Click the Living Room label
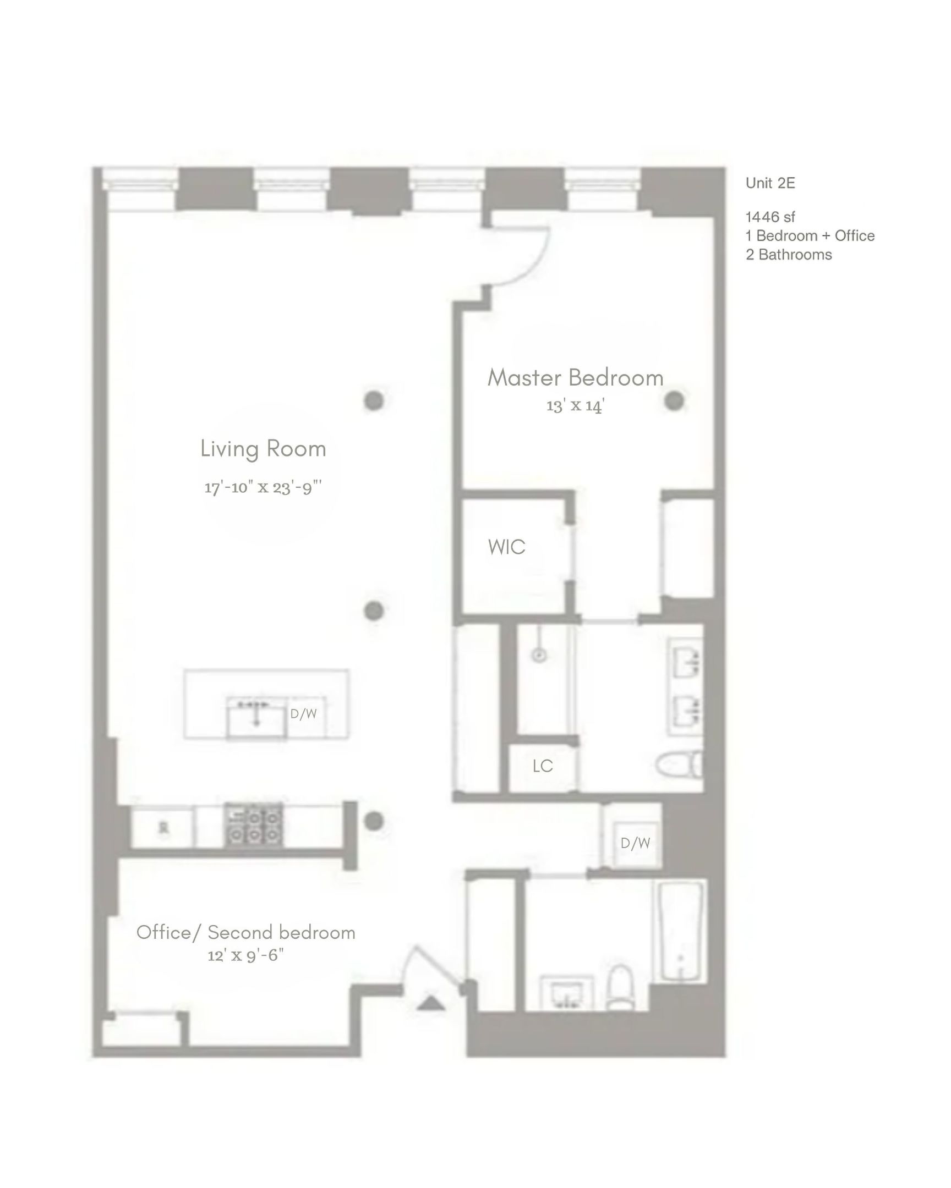pyautogui.click(x=263, y=449)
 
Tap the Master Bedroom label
pyautogui.click(x=575, y=378)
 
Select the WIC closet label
pyautogui.click(x=506, y=547)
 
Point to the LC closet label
pyautogui.click(x=543, y=766)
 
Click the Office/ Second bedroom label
pyautogui.click(x=246, y=932)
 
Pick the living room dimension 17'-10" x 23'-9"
pyautogui.click(x=263, y=488)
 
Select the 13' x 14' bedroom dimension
pyautogui.click(x=575, y=406)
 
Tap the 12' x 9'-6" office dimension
pyautogui.click(x=245, y=955)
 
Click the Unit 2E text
pyautogui.click(x=770, y=184)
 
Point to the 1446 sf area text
pyautogui.click(x=770, y=217)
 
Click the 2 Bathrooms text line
pyautogui.click(x=788, y=255)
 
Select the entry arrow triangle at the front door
pyautogui.click(x=430, y=1003)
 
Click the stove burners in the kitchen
pyautogui.click(x=254, y=825)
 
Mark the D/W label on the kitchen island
pyautogui.click(x=303, y=714)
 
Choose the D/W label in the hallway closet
pyautogui.click(x=635, y=843)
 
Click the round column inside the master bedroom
pyautogui.click(x=674, y=400)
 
